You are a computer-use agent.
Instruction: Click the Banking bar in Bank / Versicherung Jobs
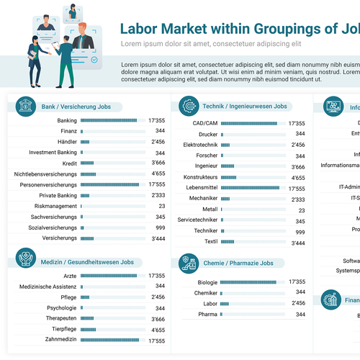[108, 120]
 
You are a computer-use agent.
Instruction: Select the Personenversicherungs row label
[45, 184]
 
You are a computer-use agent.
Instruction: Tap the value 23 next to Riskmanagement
[161, 206]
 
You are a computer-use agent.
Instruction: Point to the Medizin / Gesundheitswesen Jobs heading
[87, 262]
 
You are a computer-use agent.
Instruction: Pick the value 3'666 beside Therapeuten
[158, 319]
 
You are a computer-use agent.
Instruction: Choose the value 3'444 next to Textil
[297, 243]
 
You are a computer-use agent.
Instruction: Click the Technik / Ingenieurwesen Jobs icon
[189, 106]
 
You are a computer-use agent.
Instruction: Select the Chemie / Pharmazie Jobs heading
[238, 263]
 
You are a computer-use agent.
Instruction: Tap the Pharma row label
[207, 315]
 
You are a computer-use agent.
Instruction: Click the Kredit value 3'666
[158, 163]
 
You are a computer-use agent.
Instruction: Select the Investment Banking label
[53, 153]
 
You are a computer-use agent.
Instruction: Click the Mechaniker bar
[230, 199]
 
